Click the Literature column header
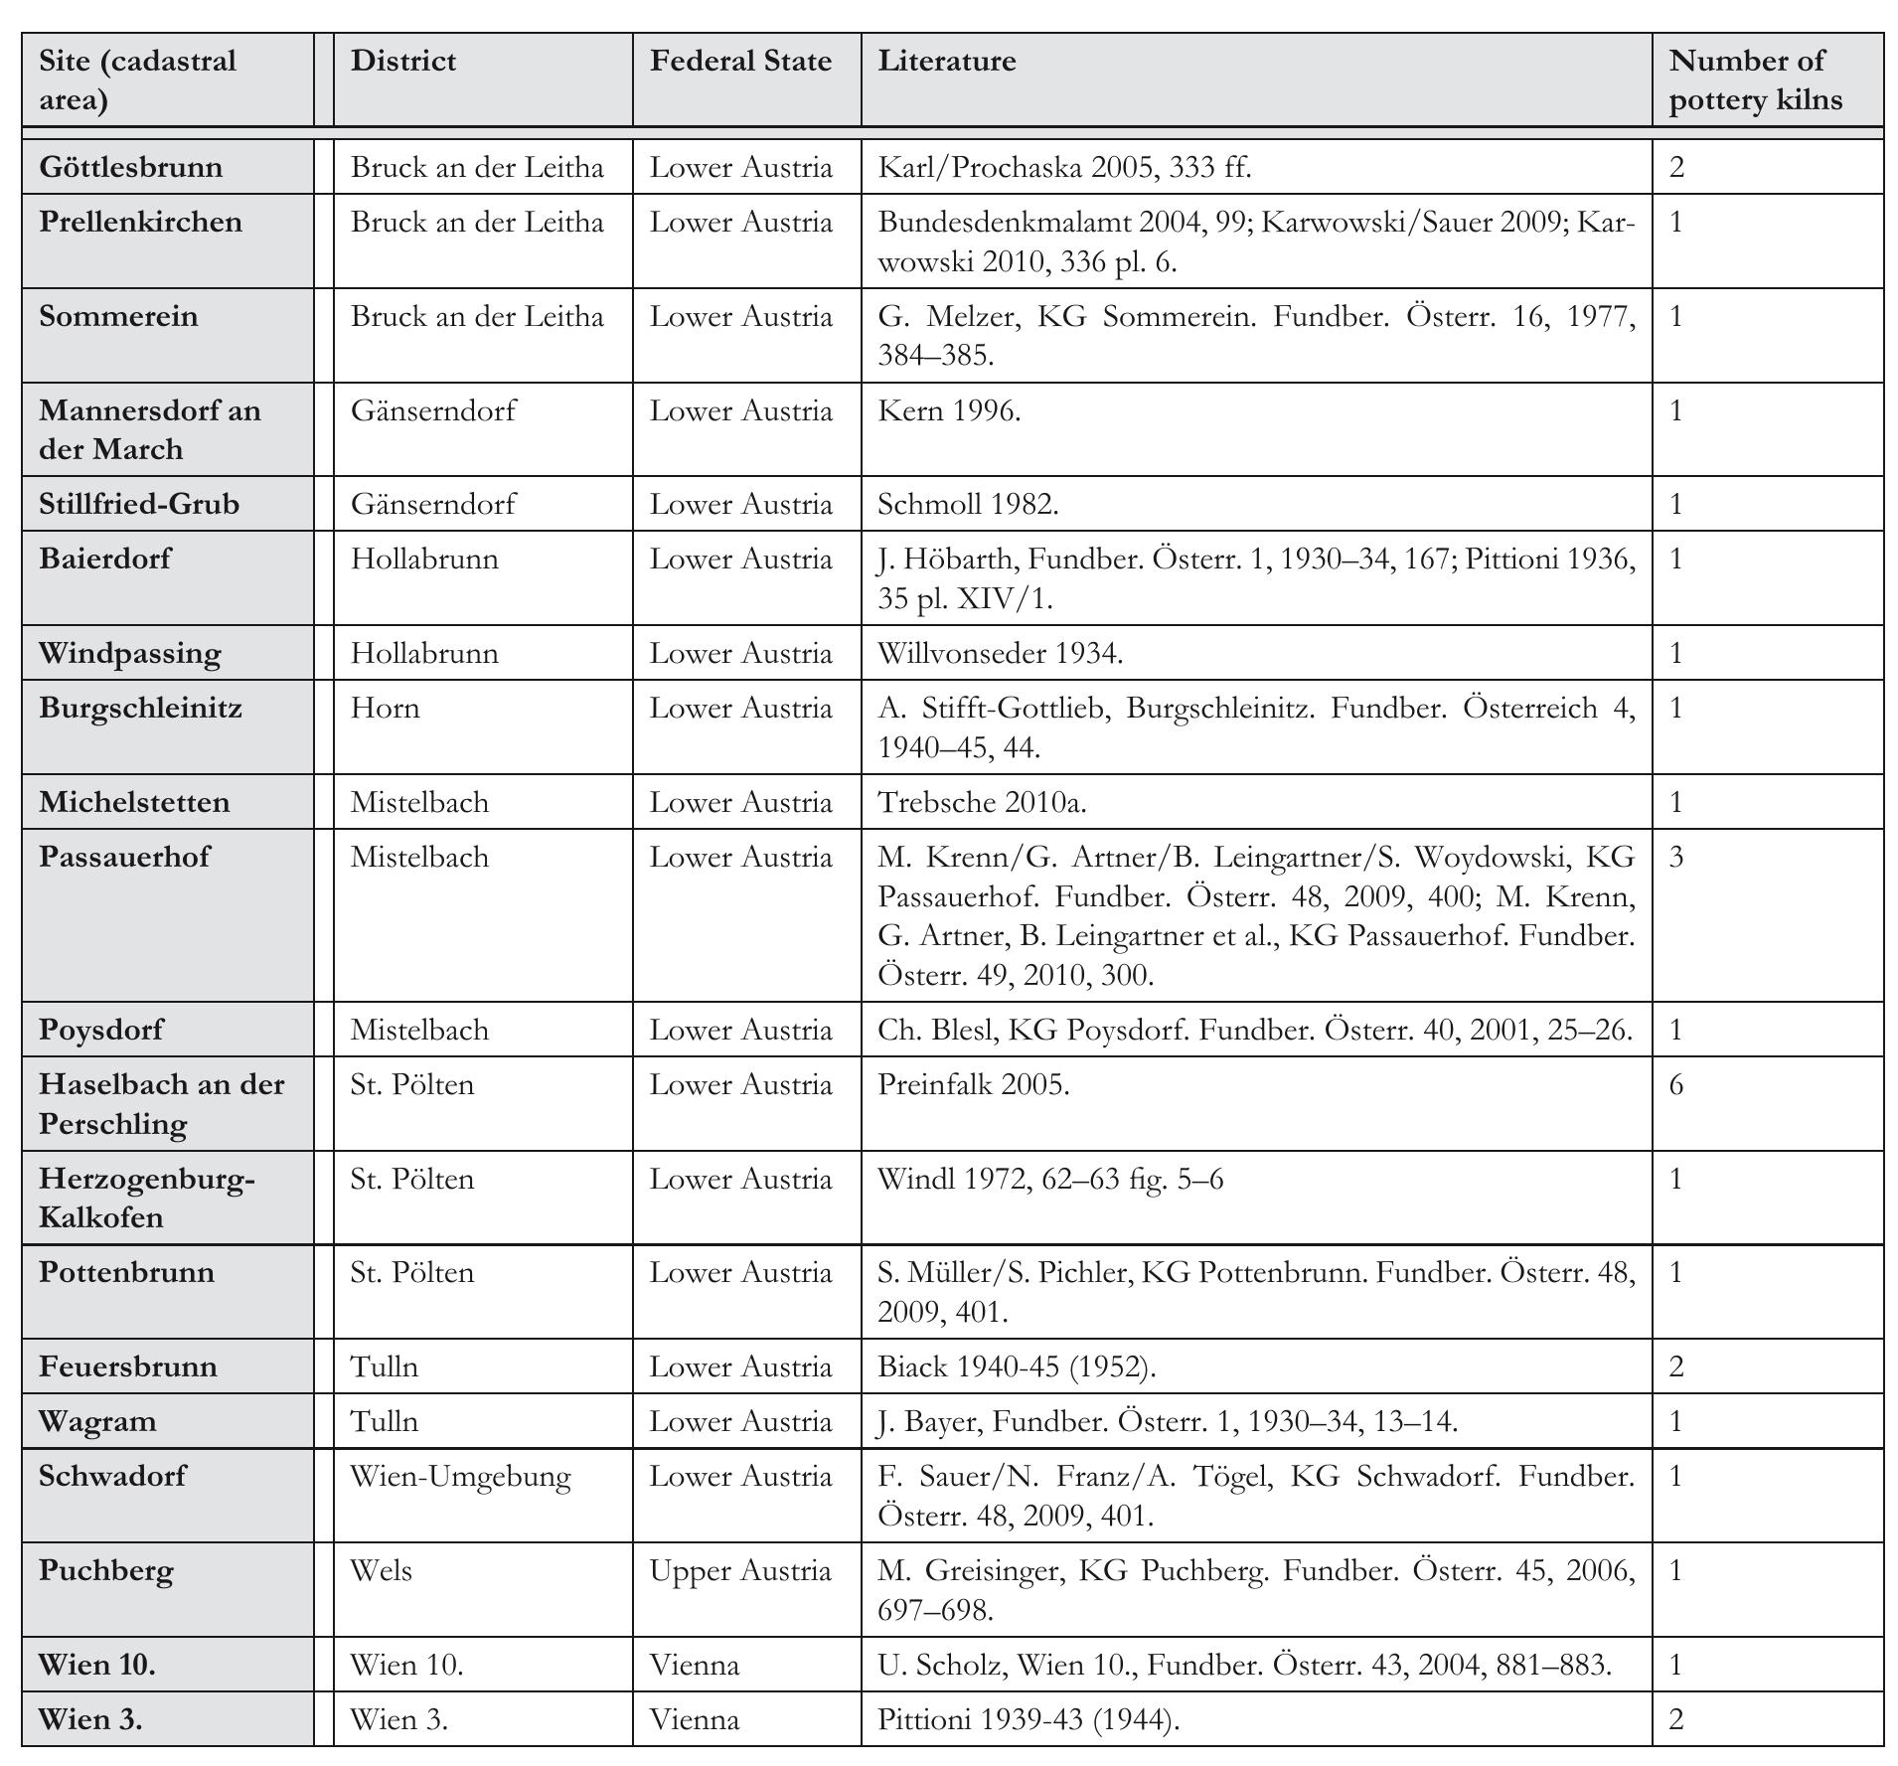tap(946, 62)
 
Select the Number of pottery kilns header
tap(1755, 80)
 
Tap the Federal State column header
tap(740, 62)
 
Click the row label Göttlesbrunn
tap(131, 167)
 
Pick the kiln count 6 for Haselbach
tap(1676, 1084)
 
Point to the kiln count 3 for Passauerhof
tap(1676, 857)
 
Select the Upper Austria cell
tap(740, 1570)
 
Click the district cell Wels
tap(382, 1570)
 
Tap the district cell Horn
tap(386, 708)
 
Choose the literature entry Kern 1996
tap(949, 410)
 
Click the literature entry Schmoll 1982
tap(968, 504)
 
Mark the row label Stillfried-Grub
tap(139, 504)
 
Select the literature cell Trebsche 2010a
tap(982, 802)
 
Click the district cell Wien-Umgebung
tap(461, 1476)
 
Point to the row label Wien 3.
tap(90, 1718)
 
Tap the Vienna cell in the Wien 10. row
tap(695, 1664)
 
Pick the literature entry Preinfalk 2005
tap(973, 1084)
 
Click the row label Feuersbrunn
tap(128, 1366)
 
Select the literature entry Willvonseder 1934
tap(1000, 653)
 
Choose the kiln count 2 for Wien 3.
tap(1676, 1718)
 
